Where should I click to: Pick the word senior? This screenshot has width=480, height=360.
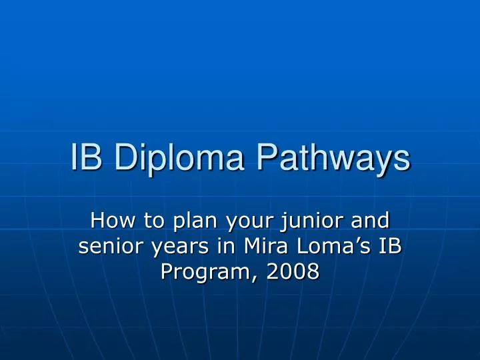click(x=109, y=246)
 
